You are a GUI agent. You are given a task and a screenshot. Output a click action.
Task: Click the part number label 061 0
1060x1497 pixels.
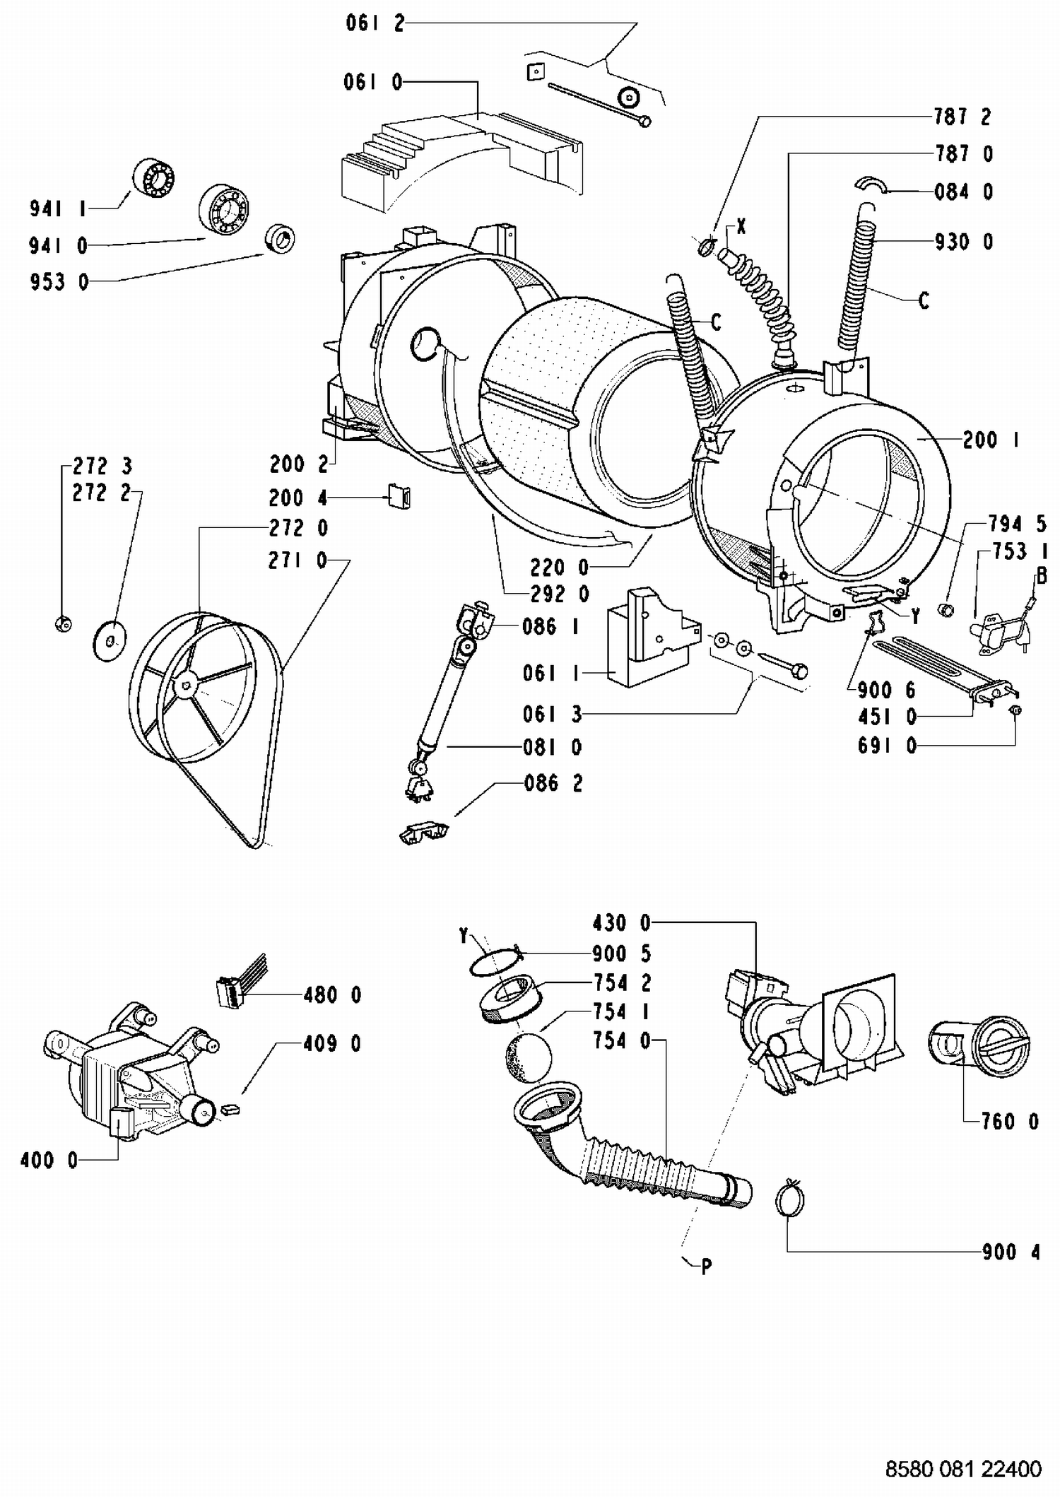[x=373, y=83]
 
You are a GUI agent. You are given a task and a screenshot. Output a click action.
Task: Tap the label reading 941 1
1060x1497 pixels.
[x=58, y=209]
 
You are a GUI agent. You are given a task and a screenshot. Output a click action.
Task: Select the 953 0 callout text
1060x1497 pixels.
[x=59, y=282]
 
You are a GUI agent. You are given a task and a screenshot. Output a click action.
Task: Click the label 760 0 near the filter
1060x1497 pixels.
[x=1010, y=1121]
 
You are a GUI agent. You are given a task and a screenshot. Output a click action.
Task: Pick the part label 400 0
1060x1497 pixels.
[x=49, y=1160]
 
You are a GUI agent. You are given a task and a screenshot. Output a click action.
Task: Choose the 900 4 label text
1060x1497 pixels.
[x=1011, y=1252]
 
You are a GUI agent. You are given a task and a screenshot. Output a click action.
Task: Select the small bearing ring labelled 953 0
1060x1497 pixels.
[x=280, y=237]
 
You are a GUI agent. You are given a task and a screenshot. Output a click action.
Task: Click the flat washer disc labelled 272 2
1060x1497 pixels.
[x=110, y=640]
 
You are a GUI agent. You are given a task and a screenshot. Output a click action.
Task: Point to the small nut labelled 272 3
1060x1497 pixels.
[x=62, y=623]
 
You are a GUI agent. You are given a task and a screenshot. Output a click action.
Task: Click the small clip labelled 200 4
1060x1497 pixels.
[x=400, y=496]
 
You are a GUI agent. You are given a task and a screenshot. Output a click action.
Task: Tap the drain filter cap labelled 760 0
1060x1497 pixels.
[x=981, y=1047]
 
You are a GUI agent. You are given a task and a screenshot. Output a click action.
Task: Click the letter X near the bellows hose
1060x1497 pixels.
[x=741, y=227]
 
